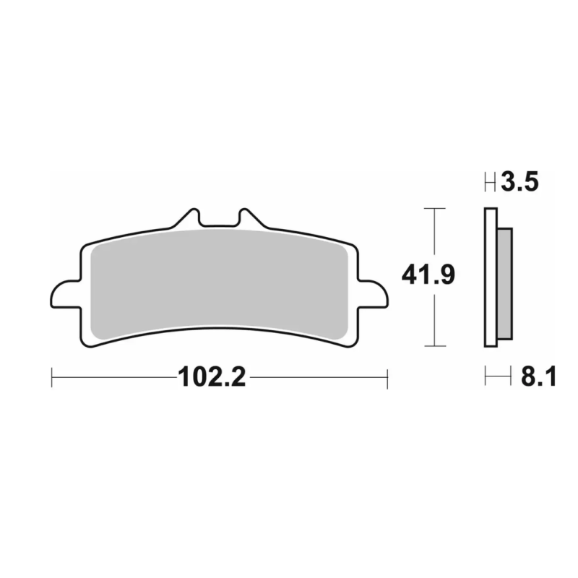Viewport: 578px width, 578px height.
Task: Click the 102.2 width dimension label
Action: point(212,377)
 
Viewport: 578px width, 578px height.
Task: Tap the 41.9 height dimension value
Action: point(428,275)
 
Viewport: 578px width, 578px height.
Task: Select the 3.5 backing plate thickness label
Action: point(519,182)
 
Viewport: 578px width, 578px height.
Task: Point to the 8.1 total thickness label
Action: point(538,376)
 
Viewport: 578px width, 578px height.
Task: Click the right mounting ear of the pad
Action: point(373,294)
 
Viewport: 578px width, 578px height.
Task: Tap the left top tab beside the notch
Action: point(189,218)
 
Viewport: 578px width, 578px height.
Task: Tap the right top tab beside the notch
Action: point(251,218)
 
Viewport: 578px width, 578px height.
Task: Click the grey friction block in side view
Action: point(504,284)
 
